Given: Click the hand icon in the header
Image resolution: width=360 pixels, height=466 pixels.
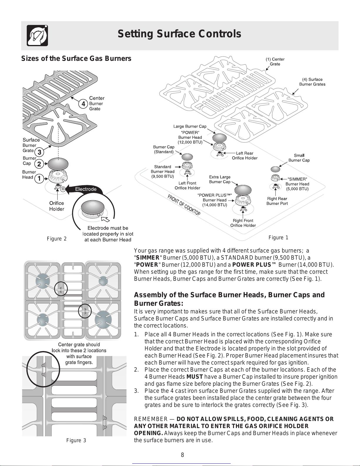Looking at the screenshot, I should click(x=37, y=35).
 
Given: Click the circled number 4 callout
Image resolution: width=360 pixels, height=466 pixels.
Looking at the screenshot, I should click(x=83, y=104).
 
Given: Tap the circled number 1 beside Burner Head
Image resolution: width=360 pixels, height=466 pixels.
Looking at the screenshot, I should click(x=39, y=178).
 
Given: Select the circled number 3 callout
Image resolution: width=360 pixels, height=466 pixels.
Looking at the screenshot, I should click(x=39, y=152).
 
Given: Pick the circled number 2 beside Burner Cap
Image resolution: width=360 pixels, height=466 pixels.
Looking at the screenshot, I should click(x=39, y=164).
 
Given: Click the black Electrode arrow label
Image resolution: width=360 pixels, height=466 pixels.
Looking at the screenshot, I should click(x=86, y=189).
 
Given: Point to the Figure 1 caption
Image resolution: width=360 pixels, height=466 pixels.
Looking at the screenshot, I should click(x=278, y=238).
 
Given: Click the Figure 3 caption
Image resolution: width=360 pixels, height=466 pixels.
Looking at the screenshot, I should click(x=76, y=440).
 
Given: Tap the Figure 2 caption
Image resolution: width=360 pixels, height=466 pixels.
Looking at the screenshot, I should click(x=56, y=239).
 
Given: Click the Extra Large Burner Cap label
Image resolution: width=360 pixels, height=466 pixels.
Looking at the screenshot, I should click(x=220, y=179).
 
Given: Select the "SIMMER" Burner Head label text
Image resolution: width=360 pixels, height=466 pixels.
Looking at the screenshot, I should click(x=297, y=184).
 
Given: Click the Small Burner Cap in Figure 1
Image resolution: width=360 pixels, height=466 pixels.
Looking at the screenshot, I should click(x=275, y=169).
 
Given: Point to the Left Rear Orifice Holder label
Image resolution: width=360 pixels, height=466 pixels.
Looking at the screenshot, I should click(x=245, y=156).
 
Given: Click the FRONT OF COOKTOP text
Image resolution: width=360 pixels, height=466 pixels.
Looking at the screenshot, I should click(x=184, y=205).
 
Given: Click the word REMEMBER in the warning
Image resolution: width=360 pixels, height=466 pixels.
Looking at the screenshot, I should click(x=150, y=419).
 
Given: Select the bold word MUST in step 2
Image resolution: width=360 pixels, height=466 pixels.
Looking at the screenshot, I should click(x=195, y=377).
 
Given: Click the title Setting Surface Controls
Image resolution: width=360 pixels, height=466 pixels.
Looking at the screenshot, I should click(x=179, y=34).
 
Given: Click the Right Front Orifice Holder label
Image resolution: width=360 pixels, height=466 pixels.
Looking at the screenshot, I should click(x=243, y=223).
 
